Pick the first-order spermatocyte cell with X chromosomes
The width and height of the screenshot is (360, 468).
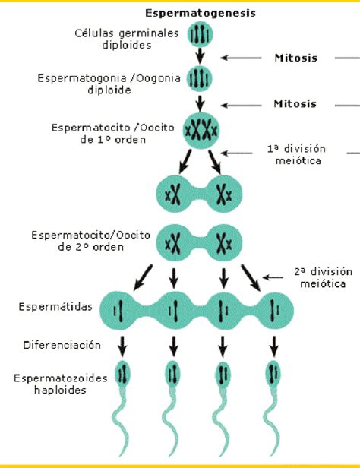[x=201, y=131]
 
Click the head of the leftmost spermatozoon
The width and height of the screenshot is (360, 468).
[x=122, y=374]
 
